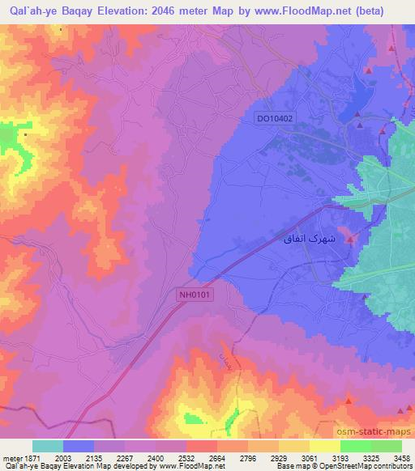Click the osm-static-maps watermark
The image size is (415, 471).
point(380,433)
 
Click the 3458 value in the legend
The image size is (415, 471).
point(401,458)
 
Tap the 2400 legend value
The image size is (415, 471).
point(154,458)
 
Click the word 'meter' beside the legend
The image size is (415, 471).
point(11,458)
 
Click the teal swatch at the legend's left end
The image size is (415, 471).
point(48,446)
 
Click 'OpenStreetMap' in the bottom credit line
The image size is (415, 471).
point(351,467)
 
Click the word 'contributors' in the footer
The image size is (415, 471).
point(395,467)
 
